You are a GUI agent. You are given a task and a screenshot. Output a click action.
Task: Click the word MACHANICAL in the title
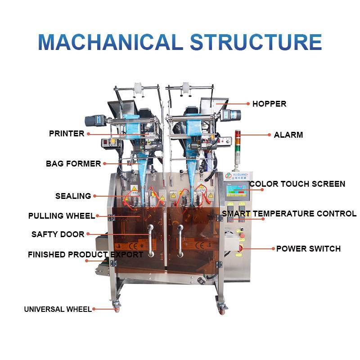tap(110, 42)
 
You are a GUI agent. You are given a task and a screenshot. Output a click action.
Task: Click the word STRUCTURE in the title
tap(256, 42)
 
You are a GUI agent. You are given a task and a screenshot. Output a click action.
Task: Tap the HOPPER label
tap(269, 104)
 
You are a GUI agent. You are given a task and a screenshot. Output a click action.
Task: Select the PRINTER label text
tap(67, 134)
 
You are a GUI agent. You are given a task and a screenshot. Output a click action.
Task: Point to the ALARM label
tap(288, 135)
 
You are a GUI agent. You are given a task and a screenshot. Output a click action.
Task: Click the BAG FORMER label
tap(73, 164)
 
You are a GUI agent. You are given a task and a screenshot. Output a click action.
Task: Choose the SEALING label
tap(73, 196)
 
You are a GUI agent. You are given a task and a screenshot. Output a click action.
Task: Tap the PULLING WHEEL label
tap(62, 216)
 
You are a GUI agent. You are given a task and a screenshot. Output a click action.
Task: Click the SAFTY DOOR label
tap(58, 234)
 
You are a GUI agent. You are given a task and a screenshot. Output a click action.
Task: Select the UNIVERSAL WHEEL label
tap(58, 309)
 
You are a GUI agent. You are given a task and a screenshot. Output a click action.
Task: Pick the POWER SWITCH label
tap(308, 249)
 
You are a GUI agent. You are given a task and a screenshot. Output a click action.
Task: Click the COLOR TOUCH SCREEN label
tap(297, 184)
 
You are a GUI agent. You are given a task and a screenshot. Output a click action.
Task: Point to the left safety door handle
tap(150, 240)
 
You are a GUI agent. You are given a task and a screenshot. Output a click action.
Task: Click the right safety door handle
tap(180, 240)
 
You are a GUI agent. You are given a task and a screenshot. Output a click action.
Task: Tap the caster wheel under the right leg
tap(222, 308)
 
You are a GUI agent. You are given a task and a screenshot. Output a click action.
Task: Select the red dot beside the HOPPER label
tap(248, 104)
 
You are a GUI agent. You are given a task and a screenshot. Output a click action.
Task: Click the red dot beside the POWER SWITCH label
tap(273, 249)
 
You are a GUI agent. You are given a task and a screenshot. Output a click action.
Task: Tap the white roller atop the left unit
tap(138, 88)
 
